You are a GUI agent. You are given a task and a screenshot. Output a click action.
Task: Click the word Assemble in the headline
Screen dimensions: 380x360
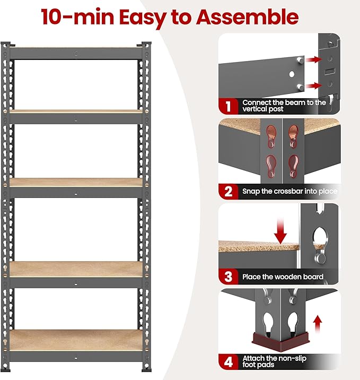point(247,17)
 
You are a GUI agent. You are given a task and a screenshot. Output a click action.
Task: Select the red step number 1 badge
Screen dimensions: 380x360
point(228,106)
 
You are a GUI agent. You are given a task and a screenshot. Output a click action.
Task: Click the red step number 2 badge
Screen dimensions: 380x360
point(228,191)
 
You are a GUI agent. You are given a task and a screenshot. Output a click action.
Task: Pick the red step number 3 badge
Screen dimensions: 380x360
point(228,277)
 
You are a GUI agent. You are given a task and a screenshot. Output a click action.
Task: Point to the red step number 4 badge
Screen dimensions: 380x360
point(228,362)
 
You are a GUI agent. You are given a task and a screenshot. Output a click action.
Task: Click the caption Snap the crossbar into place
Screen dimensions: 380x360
point(289,191)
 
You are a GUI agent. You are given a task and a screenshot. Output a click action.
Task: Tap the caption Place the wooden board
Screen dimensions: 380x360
point(283,277)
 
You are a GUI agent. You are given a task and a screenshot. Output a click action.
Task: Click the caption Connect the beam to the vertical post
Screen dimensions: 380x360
point(284,106)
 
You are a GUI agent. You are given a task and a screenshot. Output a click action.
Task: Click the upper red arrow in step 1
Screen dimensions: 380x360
point(313,61)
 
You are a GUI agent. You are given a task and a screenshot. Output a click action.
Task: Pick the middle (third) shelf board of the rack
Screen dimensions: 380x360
point(76,182)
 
